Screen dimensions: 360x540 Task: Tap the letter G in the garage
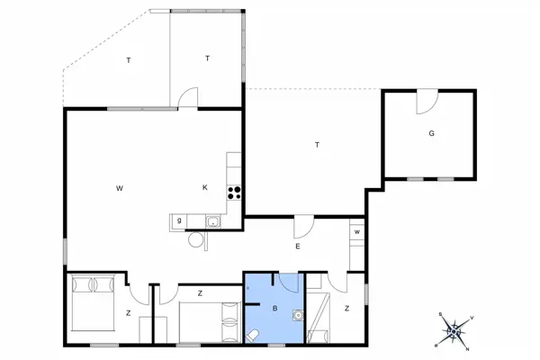[431, 133]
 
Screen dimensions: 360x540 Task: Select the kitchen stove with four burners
[235, 190]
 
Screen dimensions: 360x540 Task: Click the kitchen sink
[214, 221]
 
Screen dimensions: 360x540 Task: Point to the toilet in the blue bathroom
[255, 335]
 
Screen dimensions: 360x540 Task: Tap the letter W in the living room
[119, 188]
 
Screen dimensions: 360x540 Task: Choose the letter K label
[205, 187]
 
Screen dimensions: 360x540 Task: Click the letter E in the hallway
[297, 247]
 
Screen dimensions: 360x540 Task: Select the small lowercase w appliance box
[357, 233]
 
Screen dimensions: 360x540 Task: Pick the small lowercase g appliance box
[179, 220]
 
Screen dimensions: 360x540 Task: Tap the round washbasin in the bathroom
[295, 316]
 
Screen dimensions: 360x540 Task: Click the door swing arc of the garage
[427, 103]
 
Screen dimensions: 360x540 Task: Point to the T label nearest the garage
[317, 144]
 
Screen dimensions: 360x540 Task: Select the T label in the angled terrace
[129, 60]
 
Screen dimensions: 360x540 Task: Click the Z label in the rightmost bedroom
[346, 309]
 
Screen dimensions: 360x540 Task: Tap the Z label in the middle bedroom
[200, 292]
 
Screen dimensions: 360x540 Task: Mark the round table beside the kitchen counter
[195, 239]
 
